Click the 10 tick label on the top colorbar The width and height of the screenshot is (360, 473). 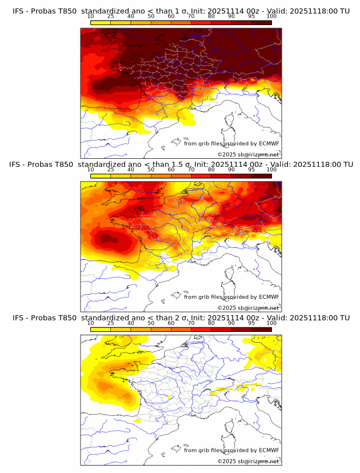(91, 16)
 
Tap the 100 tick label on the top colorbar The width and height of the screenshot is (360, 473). (271, 16)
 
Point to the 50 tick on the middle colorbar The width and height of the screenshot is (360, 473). (151, 169)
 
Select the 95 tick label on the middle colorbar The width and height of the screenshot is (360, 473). (251, 169)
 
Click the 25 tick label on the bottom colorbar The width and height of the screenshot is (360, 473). (111, 323)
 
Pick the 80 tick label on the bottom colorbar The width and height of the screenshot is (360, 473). (211, 323)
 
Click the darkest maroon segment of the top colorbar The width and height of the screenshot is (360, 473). (261, 22)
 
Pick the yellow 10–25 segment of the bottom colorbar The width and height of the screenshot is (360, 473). (101, 329)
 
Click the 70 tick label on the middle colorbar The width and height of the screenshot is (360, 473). (191, 169)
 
